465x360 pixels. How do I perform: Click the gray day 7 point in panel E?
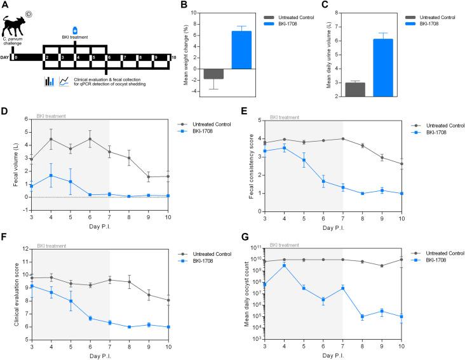click(342, 138)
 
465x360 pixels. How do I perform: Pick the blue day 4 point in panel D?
click(50, 175)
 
